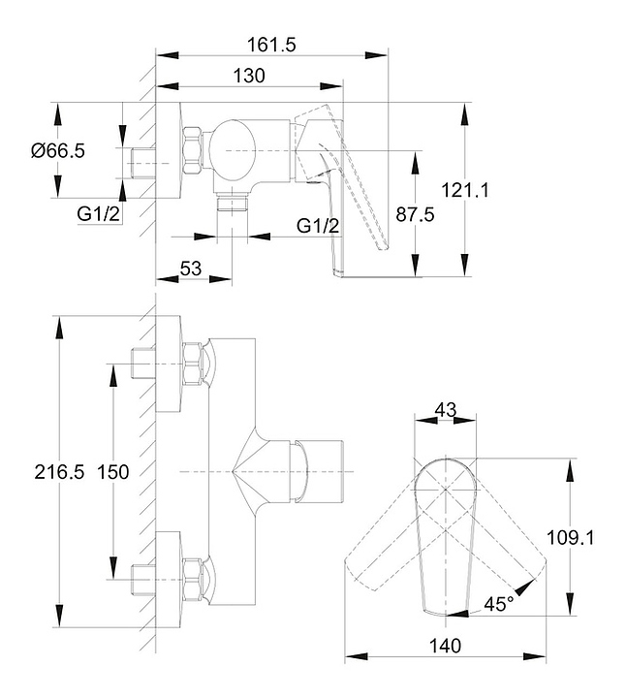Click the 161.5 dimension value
[271, 45]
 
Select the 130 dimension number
[249, 76]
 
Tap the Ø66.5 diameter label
[58, 151]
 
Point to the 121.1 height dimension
[465, 191]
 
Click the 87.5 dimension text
[415, 215]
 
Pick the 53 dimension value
[191, 269]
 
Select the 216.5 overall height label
[59, 472]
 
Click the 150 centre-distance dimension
[113, 472]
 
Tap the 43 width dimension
[446, 409]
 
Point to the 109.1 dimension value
[570, 538]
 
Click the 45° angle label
[499, 604]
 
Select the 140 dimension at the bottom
[446, 646]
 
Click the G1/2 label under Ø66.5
[98, 214]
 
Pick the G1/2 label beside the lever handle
[318, 226]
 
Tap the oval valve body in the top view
[233, 151]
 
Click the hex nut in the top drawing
[192, 151]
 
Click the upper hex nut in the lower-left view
[192, 364]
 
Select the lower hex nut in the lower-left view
[192, 579]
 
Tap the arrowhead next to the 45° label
[525, 587]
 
